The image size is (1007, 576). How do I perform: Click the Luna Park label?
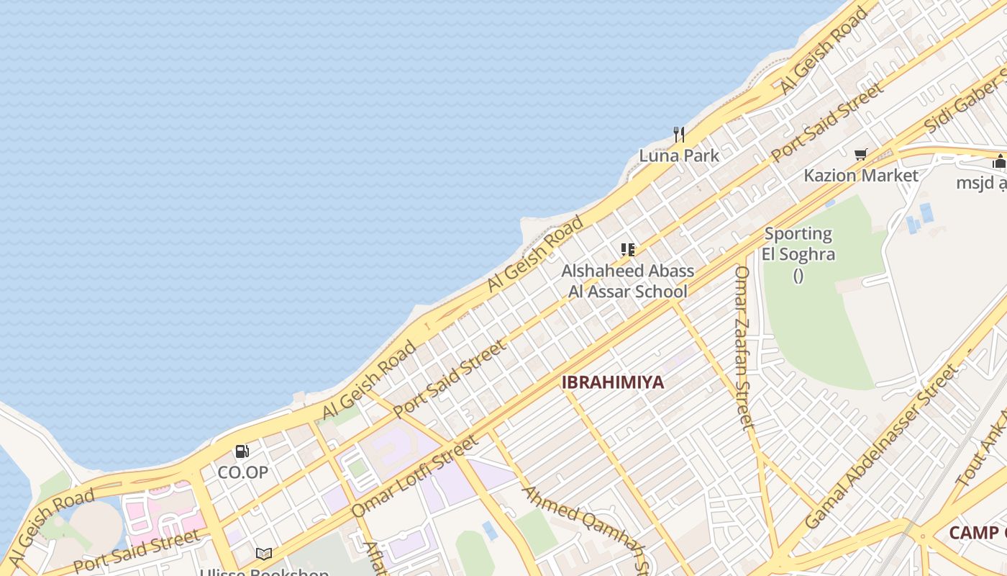pos(679,156)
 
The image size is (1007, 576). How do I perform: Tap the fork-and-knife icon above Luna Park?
pos(678,134)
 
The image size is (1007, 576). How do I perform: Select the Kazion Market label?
pos(860,176)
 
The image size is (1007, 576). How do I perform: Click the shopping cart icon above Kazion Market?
pos(860,154)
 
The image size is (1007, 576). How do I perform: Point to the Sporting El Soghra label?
pos(798,244)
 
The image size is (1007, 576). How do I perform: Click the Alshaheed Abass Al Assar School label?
pos(628,281)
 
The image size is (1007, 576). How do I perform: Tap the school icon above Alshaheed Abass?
pos(628,250)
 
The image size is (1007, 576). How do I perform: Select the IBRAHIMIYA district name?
pos(613,382)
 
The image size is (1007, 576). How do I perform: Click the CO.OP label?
pos(242,472)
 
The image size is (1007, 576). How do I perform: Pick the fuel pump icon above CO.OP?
pos(242,451)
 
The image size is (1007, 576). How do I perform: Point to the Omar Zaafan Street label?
pos(743,347)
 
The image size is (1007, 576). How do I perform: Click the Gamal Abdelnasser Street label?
pos(882,446)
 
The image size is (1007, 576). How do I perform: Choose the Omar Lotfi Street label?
pos(414,476)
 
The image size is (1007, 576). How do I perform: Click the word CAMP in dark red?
pos(972,533)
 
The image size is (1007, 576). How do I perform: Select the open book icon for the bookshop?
pos(264,554)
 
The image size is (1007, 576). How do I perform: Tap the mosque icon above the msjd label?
pos(999,162)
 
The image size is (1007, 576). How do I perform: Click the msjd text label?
pos(980,183)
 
